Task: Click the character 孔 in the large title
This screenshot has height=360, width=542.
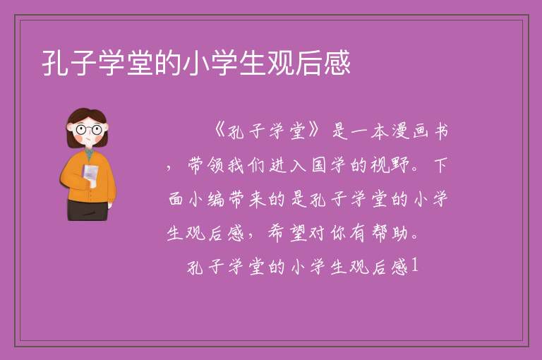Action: click(55, 63)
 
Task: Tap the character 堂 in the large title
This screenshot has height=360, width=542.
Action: click(140, 63)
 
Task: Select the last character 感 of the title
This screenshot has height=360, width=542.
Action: click(337, 63)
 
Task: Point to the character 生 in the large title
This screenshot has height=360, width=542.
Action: click(253, 63)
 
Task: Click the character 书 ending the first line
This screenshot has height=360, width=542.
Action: click(441, 131)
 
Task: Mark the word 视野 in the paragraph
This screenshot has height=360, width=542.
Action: click(390, 165)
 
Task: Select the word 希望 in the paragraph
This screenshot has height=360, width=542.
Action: click(287, 233)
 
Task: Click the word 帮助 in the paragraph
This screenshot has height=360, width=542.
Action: click(390, 233)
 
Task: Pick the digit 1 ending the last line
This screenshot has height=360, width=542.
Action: click(415, 265)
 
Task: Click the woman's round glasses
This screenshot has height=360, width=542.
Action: click(89, 130)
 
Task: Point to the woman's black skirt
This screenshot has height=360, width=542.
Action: click(88, 210)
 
